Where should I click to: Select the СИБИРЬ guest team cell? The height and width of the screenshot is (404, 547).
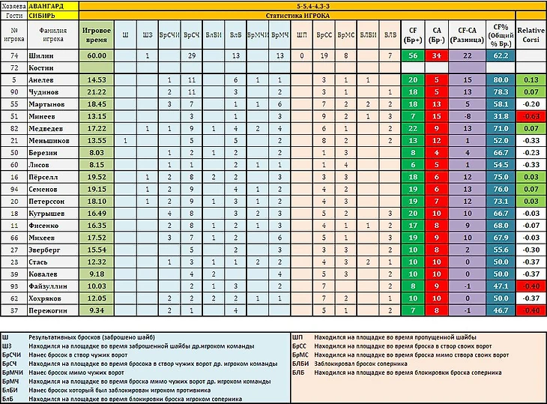pyautogui.click(x=45, y=15)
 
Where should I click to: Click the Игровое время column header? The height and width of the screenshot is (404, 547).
pyautogui.click(x=97, y=34)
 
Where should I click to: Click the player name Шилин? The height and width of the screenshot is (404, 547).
pyautogui.click(x=41, y=55)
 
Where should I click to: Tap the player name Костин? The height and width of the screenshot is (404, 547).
pyautogui.click(x=43, y=67)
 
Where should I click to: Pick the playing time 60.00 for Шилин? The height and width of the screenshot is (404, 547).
pyautogui.click(x=97, y=55)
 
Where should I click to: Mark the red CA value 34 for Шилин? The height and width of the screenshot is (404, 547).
pyautogui.click(x=437, y=55)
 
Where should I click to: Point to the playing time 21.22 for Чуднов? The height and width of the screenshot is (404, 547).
pyautogui.click(x=97, y=91)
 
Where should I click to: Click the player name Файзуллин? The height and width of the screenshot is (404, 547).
pyautogui.click(x=49, y=285)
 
